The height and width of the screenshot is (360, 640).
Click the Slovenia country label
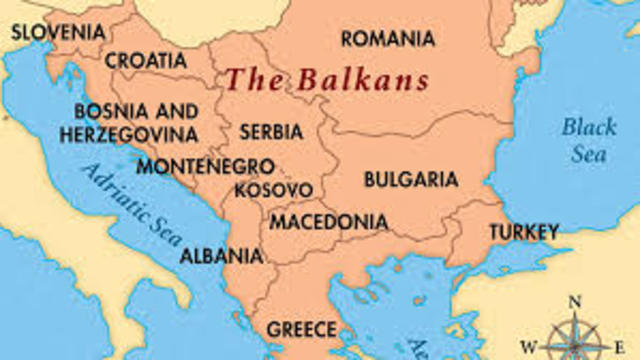point(58,32)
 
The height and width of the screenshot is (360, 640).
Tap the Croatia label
point(146,60)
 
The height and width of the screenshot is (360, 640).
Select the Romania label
point(388,39)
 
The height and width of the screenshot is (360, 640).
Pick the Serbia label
point(271,131)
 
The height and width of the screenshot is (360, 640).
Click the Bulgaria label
point(410,180)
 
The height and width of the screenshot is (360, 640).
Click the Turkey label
point(523,232)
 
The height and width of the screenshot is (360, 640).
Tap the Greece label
point(300,328)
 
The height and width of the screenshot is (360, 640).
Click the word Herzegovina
point(127,134)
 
